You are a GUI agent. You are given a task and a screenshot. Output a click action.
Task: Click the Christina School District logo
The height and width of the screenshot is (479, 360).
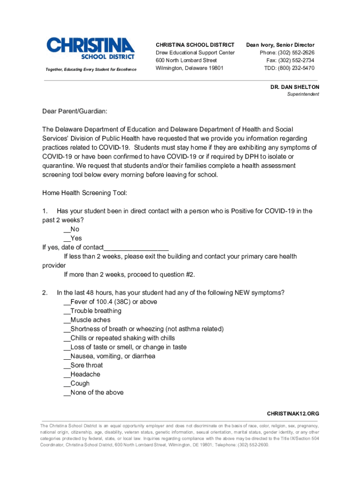click(x=91, y=49)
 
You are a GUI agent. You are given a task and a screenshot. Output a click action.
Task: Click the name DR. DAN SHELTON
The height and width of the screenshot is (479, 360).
click(x=295, y=87)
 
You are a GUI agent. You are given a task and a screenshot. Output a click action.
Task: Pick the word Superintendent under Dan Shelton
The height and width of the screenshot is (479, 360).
click(x=303, y=94)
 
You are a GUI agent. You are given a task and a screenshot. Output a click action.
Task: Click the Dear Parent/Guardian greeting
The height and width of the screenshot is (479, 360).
click(x=74, y=111)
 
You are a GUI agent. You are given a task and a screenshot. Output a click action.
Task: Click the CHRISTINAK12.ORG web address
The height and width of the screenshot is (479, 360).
click(x=293, y=414)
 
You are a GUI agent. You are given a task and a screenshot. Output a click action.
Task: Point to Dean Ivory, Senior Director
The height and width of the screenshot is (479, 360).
click(x=280, y=45)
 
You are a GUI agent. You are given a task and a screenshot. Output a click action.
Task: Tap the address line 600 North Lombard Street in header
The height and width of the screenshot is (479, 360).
click(x=186, y=60)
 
